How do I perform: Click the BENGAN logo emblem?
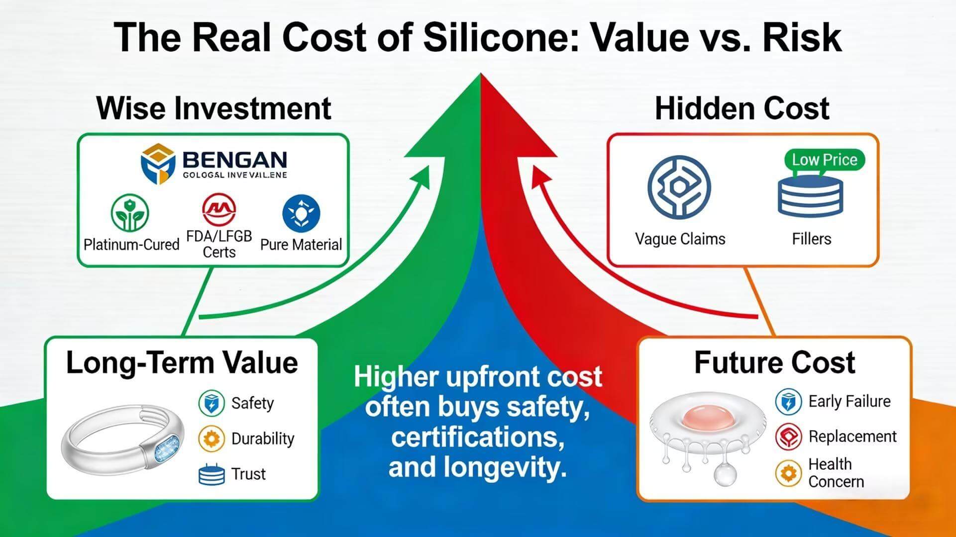coord(158,164)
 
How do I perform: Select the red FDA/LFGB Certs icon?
coord(219,209)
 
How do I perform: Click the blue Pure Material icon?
coord(301,213)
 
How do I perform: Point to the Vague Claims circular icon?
coord(679,187)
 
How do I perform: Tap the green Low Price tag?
coord(824,160)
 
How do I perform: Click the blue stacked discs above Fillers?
coord(810,196)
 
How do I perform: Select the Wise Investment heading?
coord(214,108)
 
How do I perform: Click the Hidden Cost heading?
coord(742,108)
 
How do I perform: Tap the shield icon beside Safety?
coord(211,403)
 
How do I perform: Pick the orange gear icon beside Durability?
coord(211,439)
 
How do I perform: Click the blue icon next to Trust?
coord(211,474)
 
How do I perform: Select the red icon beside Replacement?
coord(788,437)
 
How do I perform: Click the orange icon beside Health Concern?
coord(788,473)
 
